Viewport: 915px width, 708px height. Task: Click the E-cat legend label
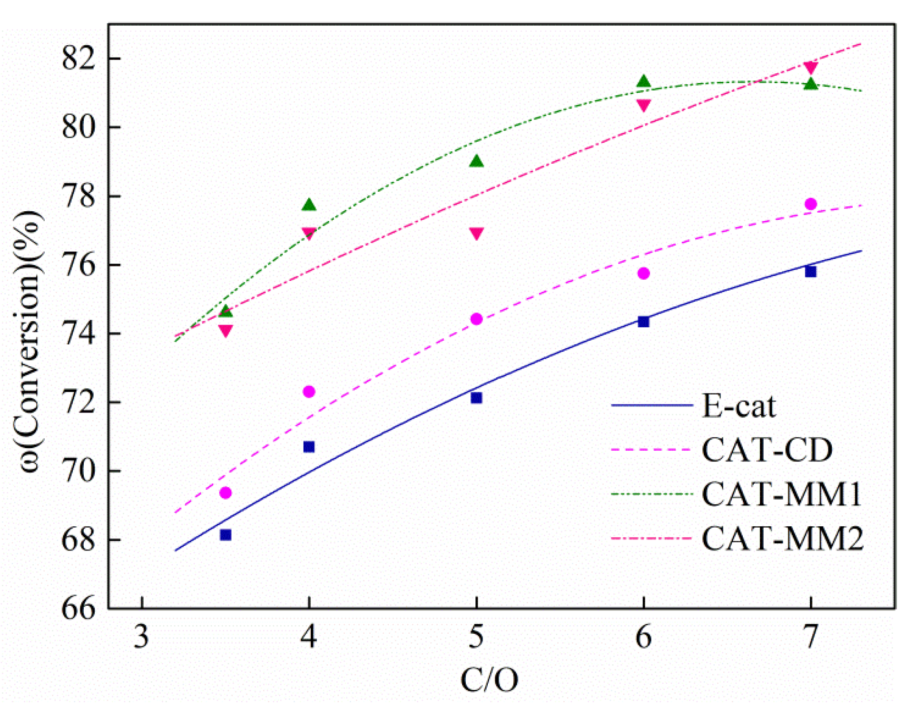738,406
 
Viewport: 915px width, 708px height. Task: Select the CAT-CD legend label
767,450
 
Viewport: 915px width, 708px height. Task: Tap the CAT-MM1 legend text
781,494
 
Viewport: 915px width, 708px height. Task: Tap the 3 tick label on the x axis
141,637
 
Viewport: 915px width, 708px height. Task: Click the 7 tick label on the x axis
810,637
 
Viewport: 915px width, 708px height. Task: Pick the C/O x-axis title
489,679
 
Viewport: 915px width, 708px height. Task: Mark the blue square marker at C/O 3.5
226,535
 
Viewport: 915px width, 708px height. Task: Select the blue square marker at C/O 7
811,272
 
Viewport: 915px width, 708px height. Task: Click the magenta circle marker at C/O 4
309,392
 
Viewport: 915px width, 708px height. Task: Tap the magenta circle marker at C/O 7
811,204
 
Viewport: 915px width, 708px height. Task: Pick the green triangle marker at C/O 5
476,162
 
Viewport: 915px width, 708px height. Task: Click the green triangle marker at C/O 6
643,82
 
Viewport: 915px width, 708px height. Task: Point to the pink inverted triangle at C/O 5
476,233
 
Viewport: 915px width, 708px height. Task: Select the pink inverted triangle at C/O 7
811,67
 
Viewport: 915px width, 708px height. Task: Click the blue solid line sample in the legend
651,405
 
